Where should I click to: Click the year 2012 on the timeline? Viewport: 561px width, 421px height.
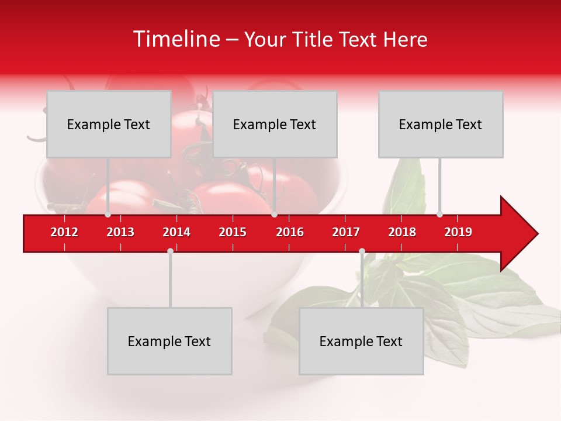(x=64, y=232)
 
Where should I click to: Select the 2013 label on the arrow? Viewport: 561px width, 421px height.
(x=120, y=232)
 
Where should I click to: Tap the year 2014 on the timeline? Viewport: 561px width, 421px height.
(x=176, y=232)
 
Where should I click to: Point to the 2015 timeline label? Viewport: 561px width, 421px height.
(x=233, y=232)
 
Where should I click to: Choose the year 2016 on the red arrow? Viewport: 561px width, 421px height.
(x=290, y=232)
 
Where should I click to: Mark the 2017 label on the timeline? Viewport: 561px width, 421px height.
(x=346, y=232)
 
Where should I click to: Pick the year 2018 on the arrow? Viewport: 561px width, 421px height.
(x=402, y=232)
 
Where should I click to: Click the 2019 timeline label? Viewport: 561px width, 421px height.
(x=458, y=232)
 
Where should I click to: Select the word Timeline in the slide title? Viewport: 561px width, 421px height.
(x=175, y=39)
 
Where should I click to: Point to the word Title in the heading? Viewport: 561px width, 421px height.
(x=311, y=40)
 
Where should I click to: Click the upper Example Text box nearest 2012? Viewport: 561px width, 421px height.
(x=109, y=124)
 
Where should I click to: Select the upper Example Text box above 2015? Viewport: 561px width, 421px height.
(x=275, y=124)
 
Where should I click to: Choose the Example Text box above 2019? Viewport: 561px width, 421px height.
(x=441, y=124)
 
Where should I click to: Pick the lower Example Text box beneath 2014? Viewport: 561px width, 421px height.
(x=169, y=341)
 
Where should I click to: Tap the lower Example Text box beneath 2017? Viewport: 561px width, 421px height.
(x=361, y=341)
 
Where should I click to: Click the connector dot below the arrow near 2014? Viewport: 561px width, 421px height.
(x=170, y=251)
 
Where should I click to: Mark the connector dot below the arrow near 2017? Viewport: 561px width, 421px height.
(x=362, y=251)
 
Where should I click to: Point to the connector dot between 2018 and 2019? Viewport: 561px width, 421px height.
(x=439, y=214)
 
